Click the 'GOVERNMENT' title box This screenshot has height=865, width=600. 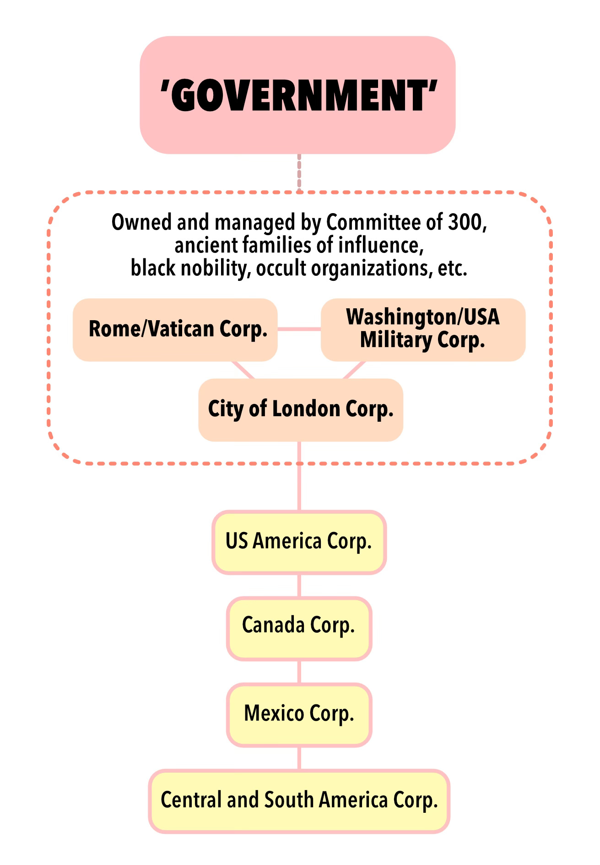(297, 95)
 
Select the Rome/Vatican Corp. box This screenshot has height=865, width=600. (175, 330)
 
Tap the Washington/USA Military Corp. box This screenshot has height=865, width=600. (423, 330)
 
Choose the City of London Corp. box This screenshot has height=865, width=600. (300, 409)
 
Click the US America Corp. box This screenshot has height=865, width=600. (299, 542)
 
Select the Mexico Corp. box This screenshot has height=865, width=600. (299, 714)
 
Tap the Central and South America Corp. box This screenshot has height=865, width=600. (299, 801)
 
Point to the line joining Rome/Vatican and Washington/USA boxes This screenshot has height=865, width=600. (299, 329)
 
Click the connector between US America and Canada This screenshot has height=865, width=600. (299, 585)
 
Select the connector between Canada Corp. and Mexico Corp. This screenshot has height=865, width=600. (299, 672)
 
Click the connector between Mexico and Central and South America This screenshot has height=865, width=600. (299, 758)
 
